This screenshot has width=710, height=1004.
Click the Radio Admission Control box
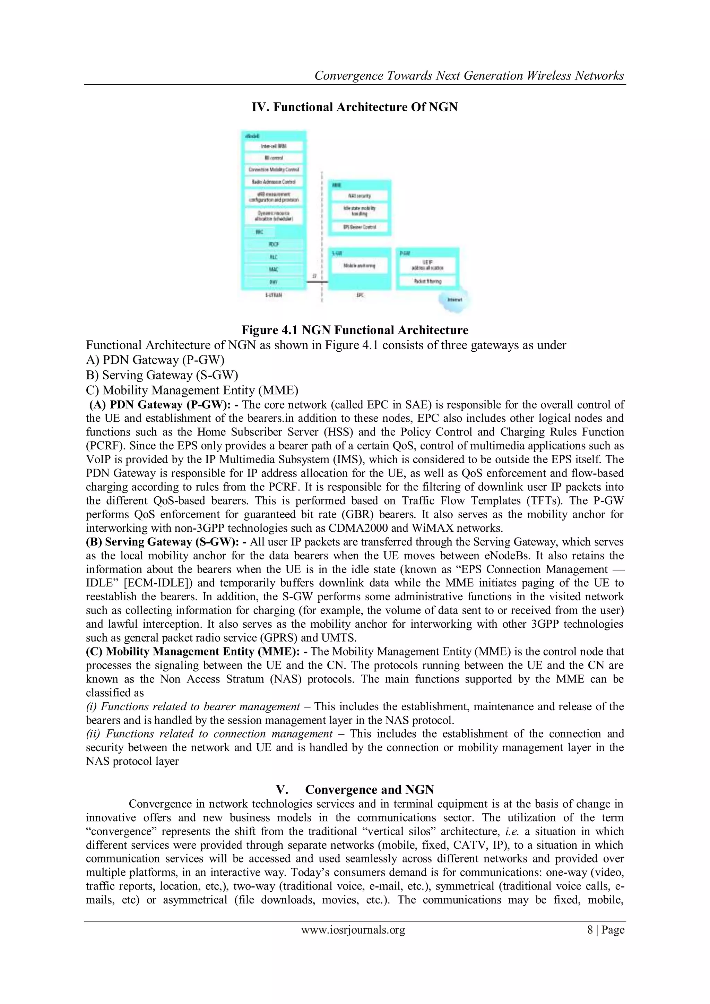(273, 181)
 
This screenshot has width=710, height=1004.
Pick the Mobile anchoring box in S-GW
(360, 265)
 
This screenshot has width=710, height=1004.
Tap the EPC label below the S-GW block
(360, 295)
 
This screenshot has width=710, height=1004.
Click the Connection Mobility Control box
(273, 170)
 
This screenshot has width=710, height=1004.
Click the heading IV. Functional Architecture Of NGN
(355, 107)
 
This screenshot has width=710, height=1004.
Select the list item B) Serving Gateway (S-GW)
(162, 375)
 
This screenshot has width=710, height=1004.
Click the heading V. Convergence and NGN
(355, 790)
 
